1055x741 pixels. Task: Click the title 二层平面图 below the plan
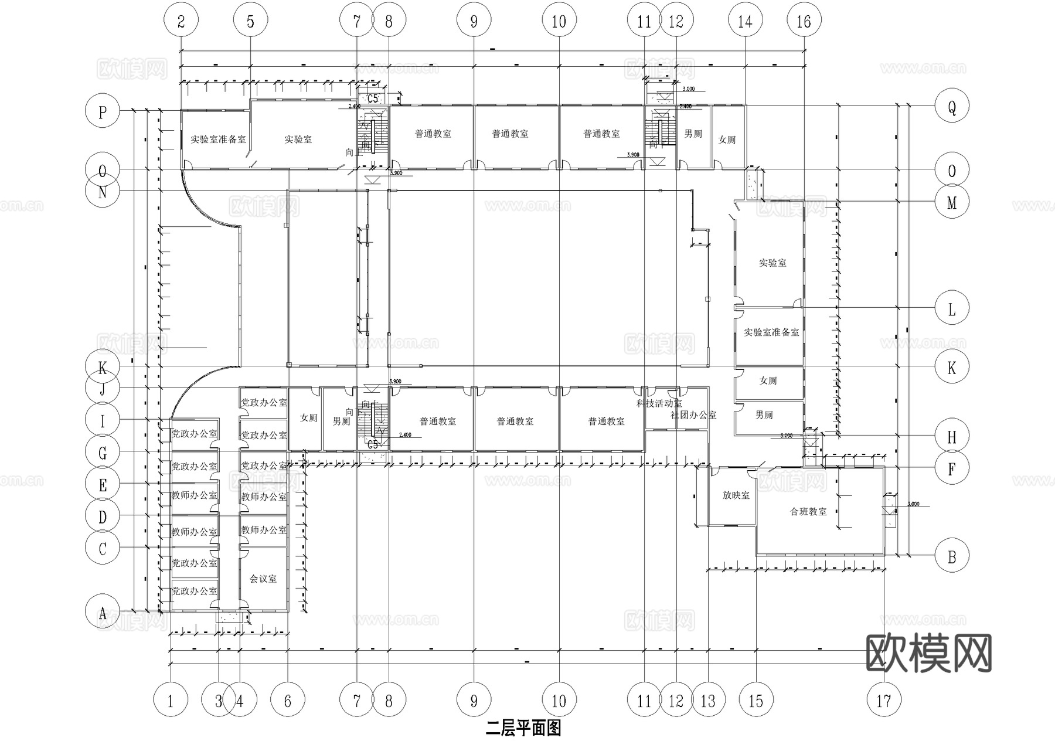[x=523, y=728]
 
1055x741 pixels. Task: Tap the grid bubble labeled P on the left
[x=103, y=111]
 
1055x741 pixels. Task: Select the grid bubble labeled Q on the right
[x=952, y=106]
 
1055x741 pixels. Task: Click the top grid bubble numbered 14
[x=745, y=22]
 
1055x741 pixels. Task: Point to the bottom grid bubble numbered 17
[x=883, y=700]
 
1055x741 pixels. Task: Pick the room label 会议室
[x=263, y=579]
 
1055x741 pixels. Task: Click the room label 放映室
[x=736, y=495]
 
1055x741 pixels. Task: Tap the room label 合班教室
[x=808, y=512]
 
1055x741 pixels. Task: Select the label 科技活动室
[x=659, y=403]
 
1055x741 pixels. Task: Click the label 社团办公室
[x=693, y=415]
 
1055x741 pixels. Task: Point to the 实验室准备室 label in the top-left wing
[x=218, y=140]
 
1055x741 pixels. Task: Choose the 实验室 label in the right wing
[x=772, y=263]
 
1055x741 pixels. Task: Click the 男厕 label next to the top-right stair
[x=693, y=134]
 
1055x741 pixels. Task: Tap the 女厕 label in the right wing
[x=768, y=381]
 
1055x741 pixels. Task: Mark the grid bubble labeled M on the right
[x=952, y=202]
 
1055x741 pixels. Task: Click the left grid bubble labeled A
[x=103, y=613]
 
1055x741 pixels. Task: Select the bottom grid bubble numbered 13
[x=708, y=700]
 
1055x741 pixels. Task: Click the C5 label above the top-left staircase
[x=373, y=98]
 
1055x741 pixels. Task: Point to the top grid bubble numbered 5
[x=250, y=22]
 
